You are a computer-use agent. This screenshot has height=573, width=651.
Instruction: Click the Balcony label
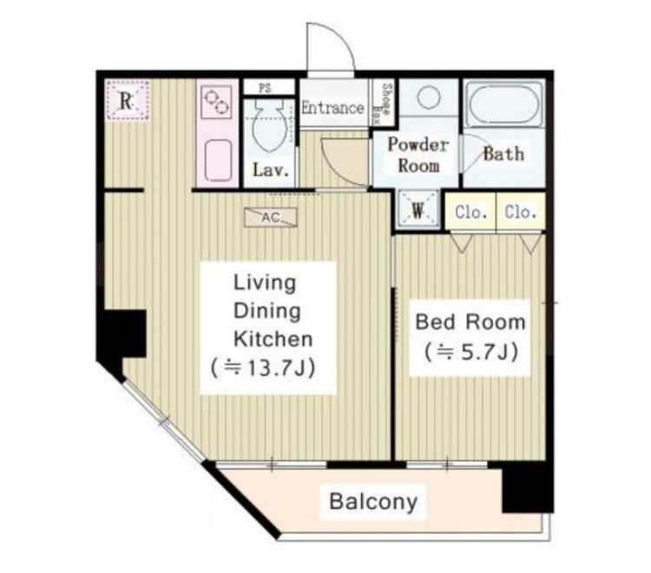pos(373,502)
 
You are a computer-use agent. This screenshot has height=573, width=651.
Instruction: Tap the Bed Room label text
pos(470,322)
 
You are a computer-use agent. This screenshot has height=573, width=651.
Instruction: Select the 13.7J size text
pos(263,367)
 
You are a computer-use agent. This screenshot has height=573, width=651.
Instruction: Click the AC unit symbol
pos(271,217)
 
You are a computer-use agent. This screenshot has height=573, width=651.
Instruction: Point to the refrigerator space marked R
pos(127,100)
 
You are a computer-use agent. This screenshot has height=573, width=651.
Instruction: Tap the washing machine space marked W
pos(418,211)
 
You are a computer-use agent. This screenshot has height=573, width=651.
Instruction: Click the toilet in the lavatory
pos(269,124)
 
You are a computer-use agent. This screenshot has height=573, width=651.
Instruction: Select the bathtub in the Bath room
pos(504,104)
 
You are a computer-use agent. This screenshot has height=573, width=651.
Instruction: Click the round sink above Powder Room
pos(428,96)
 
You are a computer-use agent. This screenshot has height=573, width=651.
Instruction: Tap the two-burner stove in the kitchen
pos(216,102)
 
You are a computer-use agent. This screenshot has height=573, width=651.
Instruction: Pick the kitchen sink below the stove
pos(218,161)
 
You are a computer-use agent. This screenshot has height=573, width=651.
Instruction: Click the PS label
pos(265,88)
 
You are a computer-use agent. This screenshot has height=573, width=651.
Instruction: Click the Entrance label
pos(332,108)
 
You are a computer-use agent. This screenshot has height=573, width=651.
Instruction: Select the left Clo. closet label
pos(470,212)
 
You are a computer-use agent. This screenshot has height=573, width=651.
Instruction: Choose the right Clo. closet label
pos(520,212)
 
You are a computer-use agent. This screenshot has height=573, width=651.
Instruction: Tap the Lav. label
pos(271,170)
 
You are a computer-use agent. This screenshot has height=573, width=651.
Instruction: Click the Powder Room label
pos(418,155)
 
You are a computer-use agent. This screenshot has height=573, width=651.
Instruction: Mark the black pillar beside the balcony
pos(528,487)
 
